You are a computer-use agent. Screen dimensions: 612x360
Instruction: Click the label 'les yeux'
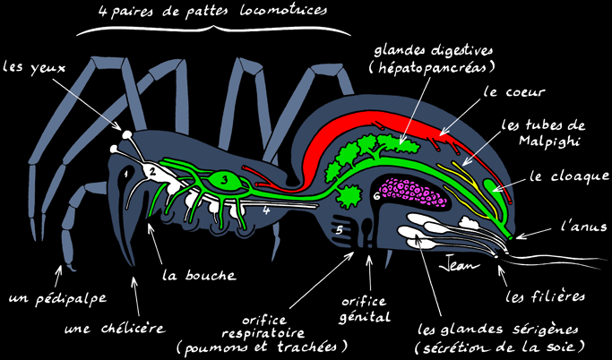[34, 68]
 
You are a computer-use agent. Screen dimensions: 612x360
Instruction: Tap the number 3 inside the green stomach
[224, 180]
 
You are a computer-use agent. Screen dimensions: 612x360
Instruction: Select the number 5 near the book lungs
[340, 230]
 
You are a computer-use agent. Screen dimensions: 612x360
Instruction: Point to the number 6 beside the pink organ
[376, 196]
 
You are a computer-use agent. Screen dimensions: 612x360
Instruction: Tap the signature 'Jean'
[459, 266]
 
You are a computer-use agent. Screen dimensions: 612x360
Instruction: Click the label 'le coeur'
[513, 93]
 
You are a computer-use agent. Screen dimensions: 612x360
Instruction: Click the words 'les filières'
[546, 296]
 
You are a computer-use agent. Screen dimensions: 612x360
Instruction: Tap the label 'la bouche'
[199, 275]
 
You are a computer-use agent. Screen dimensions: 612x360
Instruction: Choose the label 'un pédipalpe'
[57, 299]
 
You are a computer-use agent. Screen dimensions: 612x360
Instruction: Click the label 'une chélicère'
[115, 329]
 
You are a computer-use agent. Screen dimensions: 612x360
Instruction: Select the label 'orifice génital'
[364, 310]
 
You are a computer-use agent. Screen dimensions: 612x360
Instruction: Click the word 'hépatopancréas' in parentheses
[431, 68]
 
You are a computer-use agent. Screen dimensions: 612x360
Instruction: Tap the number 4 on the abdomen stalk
[266, 211]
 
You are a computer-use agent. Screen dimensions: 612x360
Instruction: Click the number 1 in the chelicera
[125, 174]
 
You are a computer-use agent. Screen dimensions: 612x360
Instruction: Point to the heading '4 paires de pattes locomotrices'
[212, 11]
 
